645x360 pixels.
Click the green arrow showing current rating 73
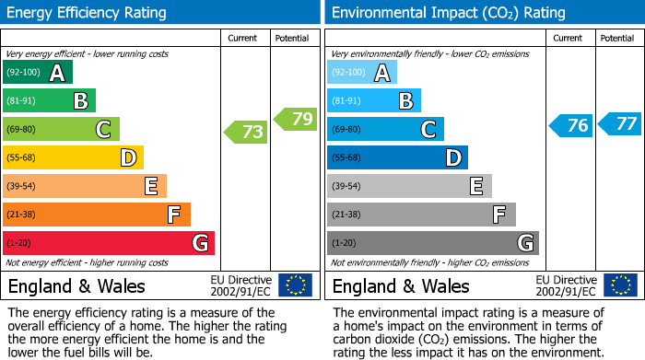(x=246, y=132)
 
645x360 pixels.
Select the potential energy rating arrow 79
(x=295, y=119)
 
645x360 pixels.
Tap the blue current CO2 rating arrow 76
(x=570, y=126)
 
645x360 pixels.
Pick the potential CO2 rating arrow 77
(x=619, y=123)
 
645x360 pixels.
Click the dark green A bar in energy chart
(x=38, y=73)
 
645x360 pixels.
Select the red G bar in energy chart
(x=109, y=243)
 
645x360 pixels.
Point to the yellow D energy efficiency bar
(x=74, y=157)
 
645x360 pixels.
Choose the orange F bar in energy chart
(x=97, y=215)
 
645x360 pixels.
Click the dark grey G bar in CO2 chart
(x=432, y=243)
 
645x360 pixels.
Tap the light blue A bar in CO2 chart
(x=362, y=73)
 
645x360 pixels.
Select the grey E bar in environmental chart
(x=409, y=186)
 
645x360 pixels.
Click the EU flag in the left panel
(x=295, y=285)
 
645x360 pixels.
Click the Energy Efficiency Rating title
(x=88, y=13)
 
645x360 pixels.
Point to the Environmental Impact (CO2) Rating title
(x=448, y=13)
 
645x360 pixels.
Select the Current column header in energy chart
(x=244, y=38)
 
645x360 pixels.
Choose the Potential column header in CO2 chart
(x=616, y=38)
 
